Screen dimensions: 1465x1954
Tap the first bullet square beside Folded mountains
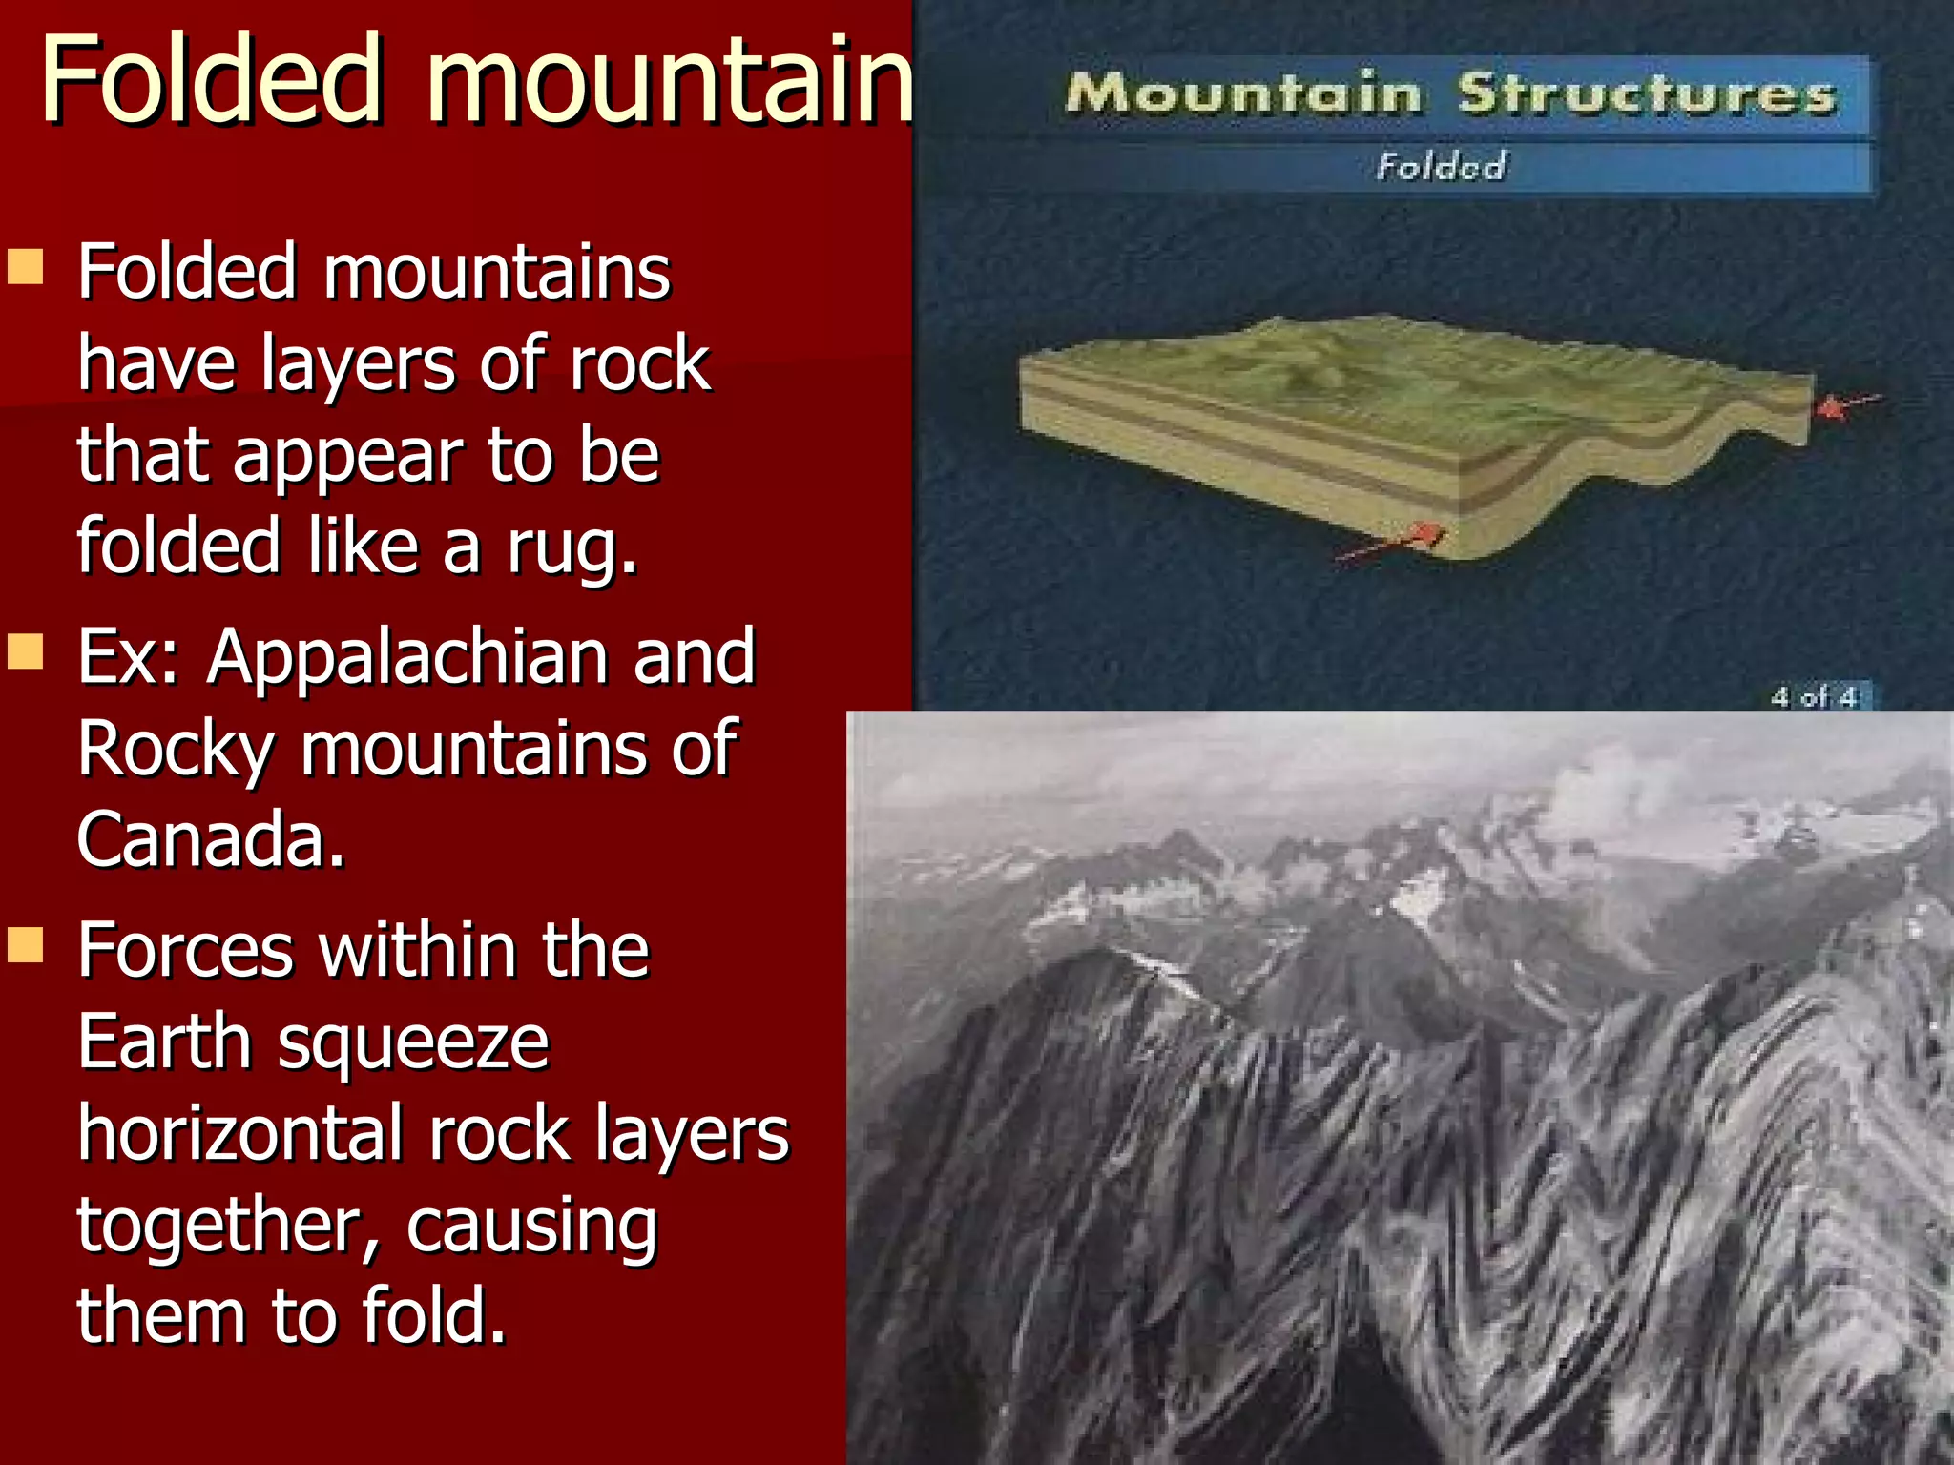tap(26, 267)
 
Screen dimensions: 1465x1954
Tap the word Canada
tap(210, 839)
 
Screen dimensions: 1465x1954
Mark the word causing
tap(531, 1227)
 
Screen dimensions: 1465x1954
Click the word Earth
tap(164, 1042)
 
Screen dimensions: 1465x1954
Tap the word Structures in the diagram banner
tap(1645, 93)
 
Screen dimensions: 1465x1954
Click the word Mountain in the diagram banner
tap(1242, 93)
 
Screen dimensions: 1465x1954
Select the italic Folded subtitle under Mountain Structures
tap(1441, 167)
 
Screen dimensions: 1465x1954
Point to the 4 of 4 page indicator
tap(1814, 697)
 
